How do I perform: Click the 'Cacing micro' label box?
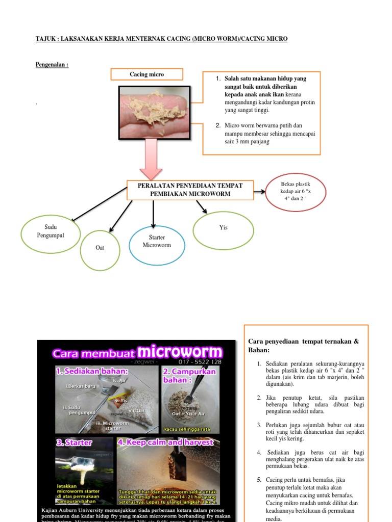click(x=146, y=75)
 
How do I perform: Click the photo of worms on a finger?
click(x=155, y=112)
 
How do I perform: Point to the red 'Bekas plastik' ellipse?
click(x=296, y=191)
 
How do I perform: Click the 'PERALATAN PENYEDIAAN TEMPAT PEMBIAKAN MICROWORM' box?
click(x=189, y=189)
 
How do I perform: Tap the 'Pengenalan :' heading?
click(x=52, y=65)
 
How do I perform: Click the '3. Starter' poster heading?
click(x=73, y=442)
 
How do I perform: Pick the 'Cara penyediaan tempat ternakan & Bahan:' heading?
click(x=303, y=345)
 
